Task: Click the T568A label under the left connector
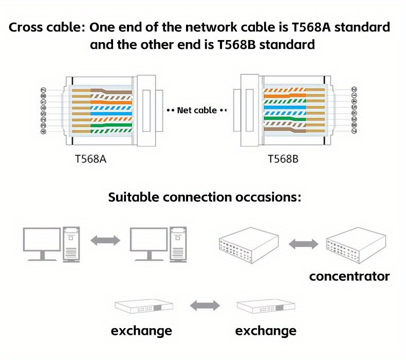click(x=91, y=159)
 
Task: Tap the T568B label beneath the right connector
click(x=283, y=159)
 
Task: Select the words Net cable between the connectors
click(x=197, y=110)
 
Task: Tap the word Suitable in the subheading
click(x=133, y=197)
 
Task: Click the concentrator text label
click(x=349, y=277)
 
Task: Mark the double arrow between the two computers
click(x=105, y=240)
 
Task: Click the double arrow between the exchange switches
click(x=204, y=307)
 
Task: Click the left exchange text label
click(x=141, y=330)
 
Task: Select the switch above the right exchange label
click(x=265, y=307)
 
